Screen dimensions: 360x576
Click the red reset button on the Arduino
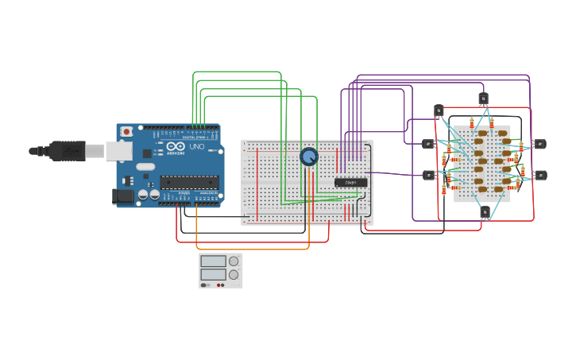tap(126, 132)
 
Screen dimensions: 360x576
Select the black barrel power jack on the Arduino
tap(123, 195)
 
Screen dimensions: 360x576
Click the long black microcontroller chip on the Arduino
tap(189, 182)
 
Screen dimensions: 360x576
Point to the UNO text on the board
tap(196, 146)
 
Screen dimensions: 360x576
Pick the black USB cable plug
tap(67, 149)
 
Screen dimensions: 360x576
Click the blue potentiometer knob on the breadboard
tap(309, 157)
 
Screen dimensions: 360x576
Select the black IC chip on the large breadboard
tap(350, 182)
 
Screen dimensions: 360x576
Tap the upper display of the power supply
tap(213, 261)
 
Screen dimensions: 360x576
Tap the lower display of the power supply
tap(213, 274)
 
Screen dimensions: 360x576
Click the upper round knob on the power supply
tap(234, 261)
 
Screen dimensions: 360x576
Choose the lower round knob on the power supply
tap(234, 275)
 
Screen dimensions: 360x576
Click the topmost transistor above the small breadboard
tap(483, 99)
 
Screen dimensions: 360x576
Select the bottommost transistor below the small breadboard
tap(485, 211)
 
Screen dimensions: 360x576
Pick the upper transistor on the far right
tap(539, 144)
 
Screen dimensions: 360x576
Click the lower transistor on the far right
tap(541, 175)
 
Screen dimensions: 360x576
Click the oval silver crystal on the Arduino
tap(145, 167)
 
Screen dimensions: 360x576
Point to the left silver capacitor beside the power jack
tap(143, 193)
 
